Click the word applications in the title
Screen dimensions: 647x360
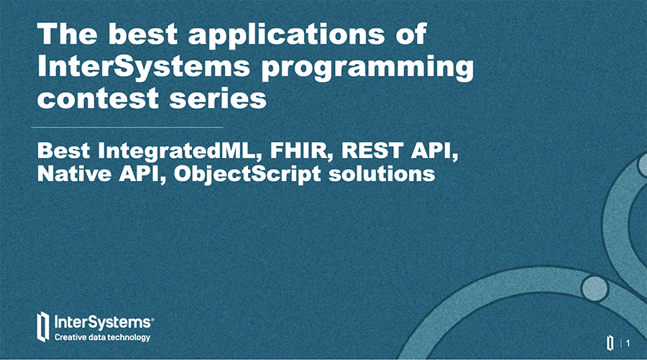(286, 35)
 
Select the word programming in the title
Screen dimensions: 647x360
(367, 68)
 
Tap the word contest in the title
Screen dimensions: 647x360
(98, 98)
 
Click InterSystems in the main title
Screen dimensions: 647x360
(144, 67)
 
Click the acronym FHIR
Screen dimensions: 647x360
(301, 150)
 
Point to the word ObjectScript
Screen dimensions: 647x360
(247, 175)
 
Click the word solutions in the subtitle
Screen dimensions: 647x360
(382, 174)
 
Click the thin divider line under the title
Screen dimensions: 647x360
(127, 127)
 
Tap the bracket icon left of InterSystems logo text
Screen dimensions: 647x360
(43, 327)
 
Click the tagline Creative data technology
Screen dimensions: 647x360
(102, 337)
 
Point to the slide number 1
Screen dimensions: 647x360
(628, 343)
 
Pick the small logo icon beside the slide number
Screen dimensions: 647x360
(610, 343)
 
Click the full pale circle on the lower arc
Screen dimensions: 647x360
(595, 288)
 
